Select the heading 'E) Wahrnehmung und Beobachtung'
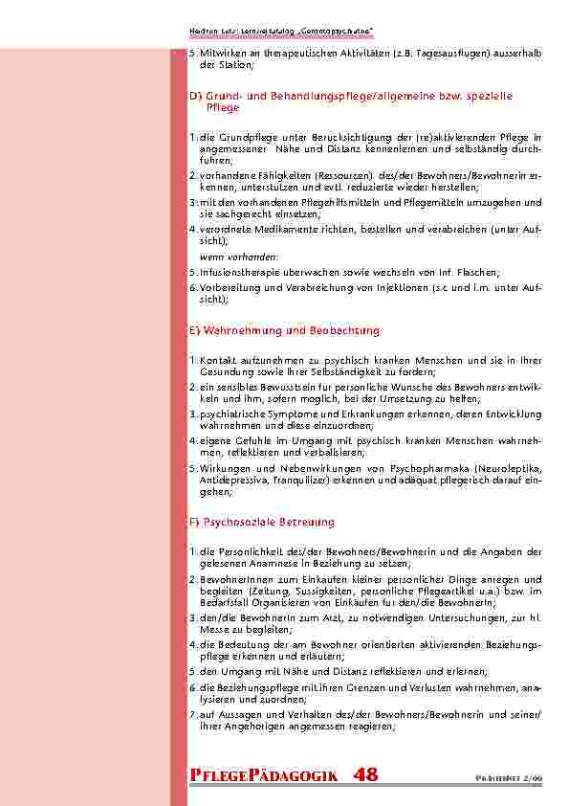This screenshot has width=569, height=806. pyautogui.click(x=284, y=330)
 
